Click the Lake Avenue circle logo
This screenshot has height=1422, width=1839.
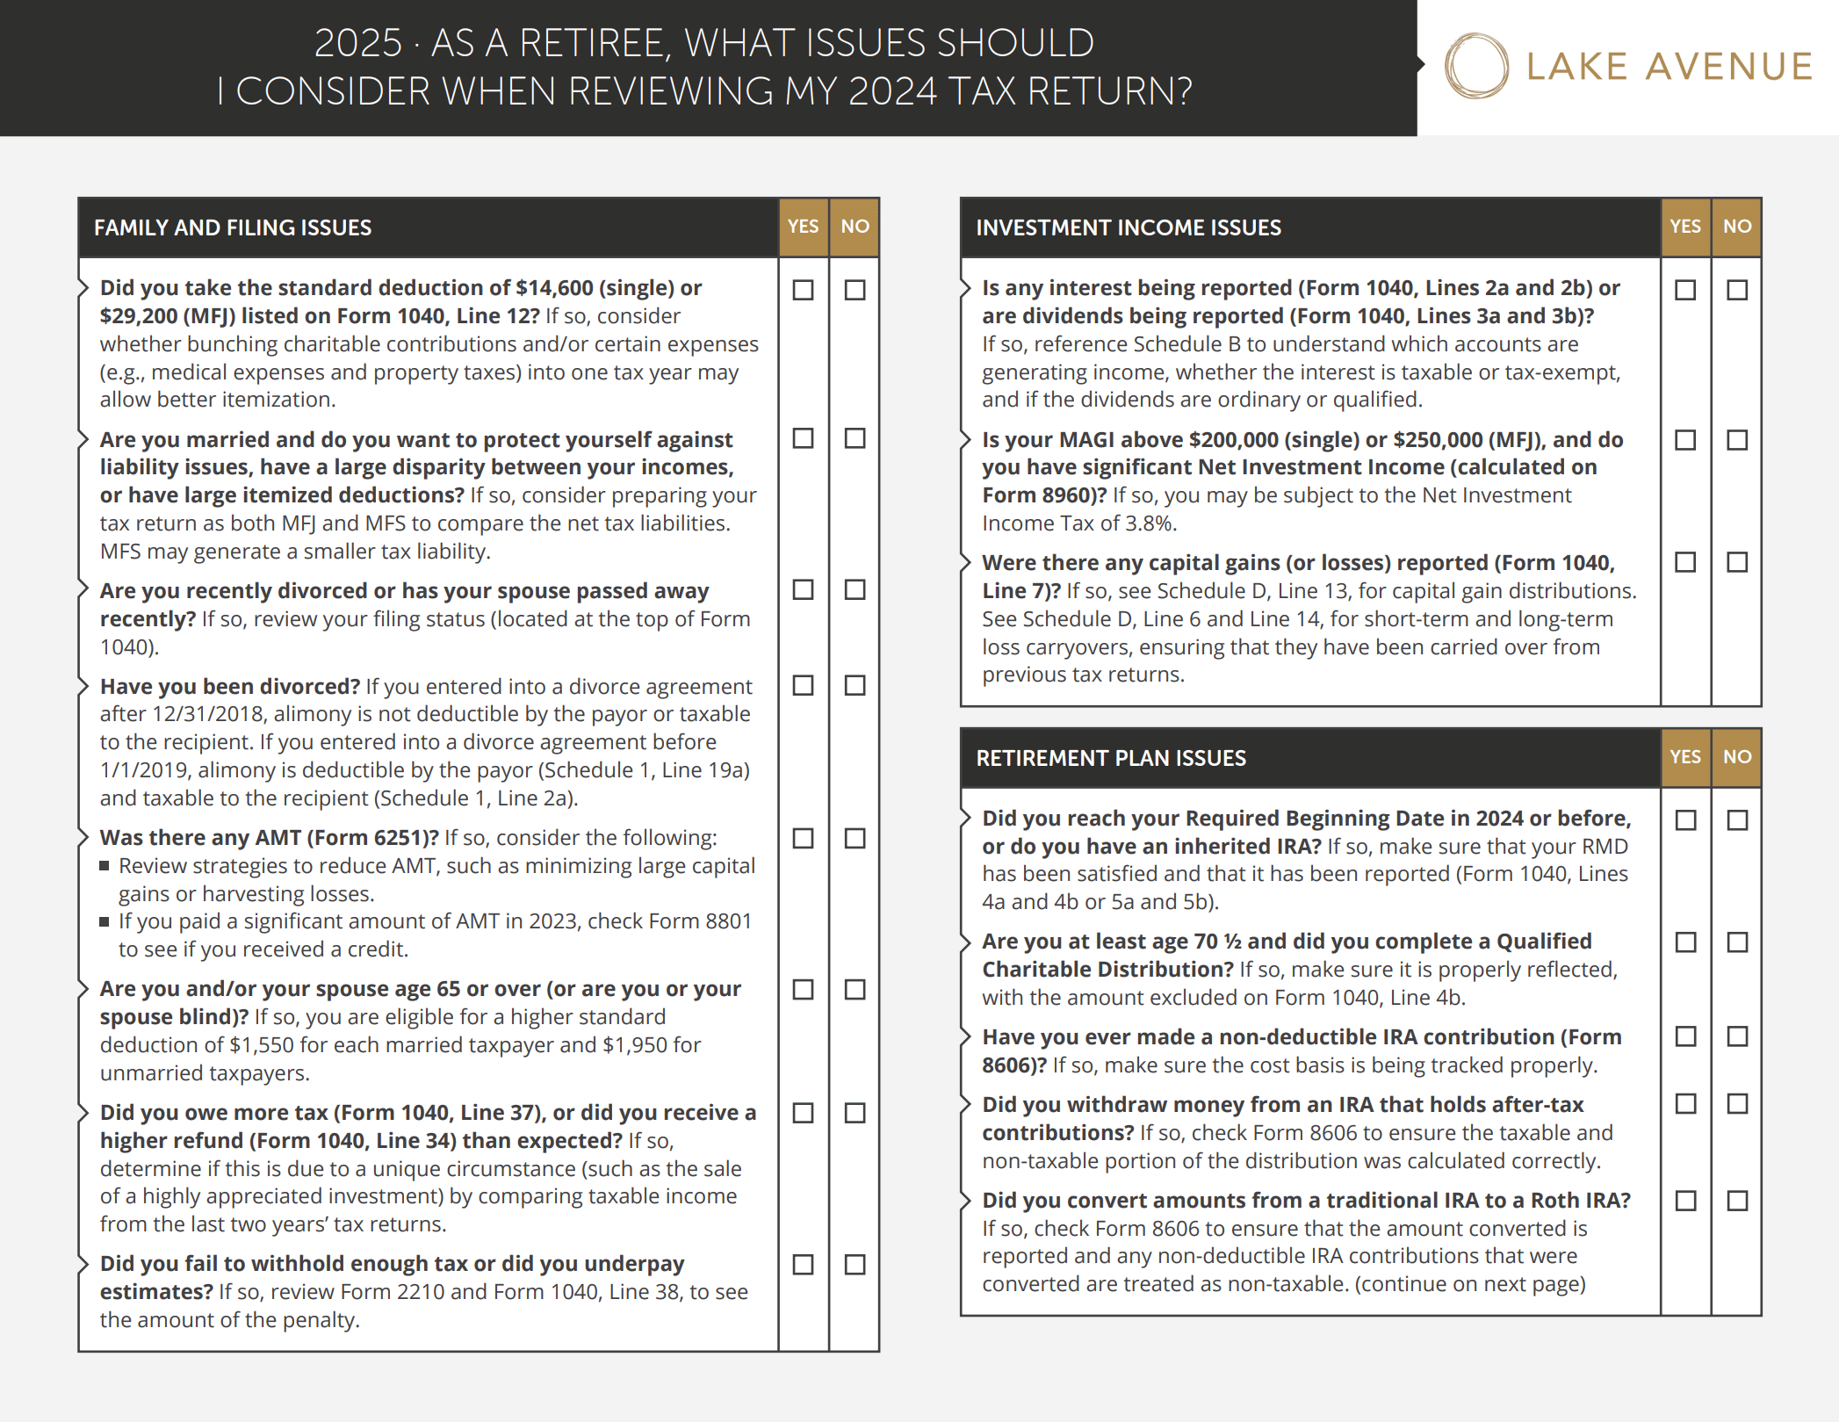click(x=1476, y=66)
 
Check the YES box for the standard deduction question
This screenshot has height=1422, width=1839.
click(x=803, y=290)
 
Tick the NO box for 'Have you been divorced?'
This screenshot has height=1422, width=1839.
click(x=855, y=685)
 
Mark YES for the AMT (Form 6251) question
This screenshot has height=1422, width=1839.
click(x=803, y=838)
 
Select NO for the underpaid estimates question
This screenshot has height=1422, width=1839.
click(x=855, y=1264)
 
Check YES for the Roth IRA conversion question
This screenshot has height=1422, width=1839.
click(x=1685, y=1201)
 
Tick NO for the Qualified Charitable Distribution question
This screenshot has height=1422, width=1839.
click(x=1737, y=942)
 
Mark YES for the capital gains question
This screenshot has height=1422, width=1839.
click(x=1685, y=562)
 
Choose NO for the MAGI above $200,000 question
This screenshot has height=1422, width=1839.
click(x=1737, y=439)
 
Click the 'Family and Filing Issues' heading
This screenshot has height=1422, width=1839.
click(x=233, y=227)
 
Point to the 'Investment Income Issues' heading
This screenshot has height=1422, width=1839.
click(x=1129, y=227)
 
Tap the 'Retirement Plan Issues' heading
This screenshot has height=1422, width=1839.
click(x=1111, y=758)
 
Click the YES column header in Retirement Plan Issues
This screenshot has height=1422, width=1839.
click(x=1685, y=757)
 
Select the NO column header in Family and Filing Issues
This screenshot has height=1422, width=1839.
click(x=855, y=227)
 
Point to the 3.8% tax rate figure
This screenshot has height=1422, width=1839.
click(x=1149, y=523)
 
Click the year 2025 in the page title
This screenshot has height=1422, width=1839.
click(x=357, y=43)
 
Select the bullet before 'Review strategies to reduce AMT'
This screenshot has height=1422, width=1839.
click(x=105, y=866)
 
